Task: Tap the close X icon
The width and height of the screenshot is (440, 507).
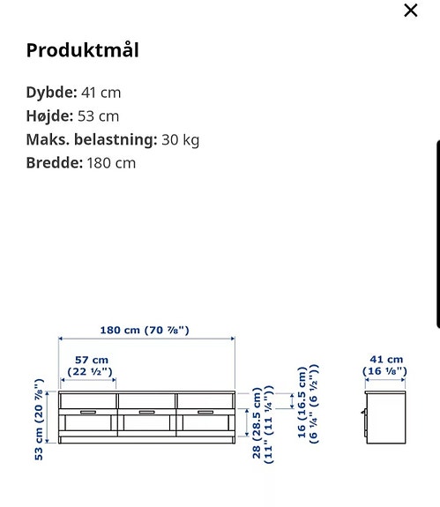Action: tap(410, 11)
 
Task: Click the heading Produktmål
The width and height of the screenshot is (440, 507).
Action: tap(82, 50)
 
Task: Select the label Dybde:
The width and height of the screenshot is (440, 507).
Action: tap(52, 93)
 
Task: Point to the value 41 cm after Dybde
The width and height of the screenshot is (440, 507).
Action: tap(101, 93)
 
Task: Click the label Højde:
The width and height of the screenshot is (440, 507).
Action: tap(50, 116)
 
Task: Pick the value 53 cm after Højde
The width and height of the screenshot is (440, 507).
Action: tap(99, 116)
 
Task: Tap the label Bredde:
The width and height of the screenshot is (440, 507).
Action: tap(54, 163)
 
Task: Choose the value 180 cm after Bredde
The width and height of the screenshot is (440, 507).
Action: tap(111, 163)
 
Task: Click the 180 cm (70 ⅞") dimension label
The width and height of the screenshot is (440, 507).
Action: tap(145, 331)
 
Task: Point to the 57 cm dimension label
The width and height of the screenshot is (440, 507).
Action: tap(90, 360)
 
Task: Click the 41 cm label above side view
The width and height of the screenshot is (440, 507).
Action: tap(385, 360)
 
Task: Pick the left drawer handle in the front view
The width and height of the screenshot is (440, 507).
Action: tap(88, 410)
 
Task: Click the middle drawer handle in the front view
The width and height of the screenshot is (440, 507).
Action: tap(147, 410)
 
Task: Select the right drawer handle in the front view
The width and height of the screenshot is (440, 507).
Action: tap(205, 410)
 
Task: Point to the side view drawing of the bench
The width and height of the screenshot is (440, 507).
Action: tap(384, 415)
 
